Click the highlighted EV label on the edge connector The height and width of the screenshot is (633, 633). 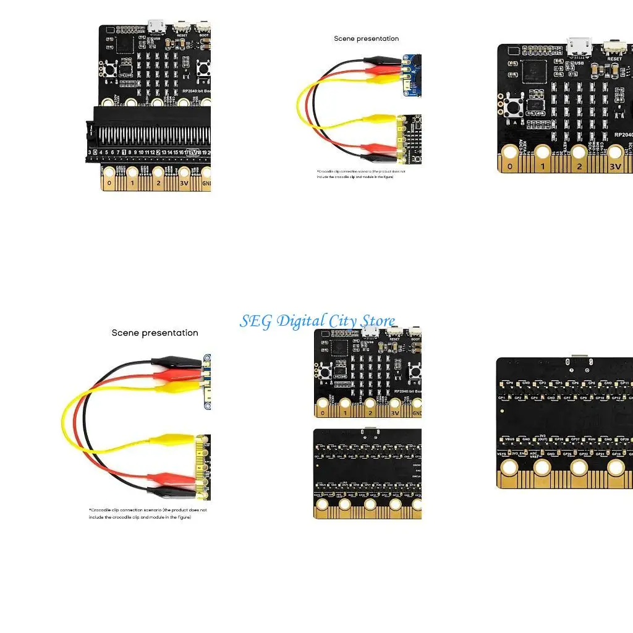(193, 152)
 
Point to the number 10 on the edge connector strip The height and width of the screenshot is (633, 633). (141, 152)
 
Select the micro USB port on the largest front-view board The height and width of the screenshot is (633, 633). (579, 47)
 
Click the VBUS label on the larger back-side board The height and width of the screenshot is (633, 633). (510, 440)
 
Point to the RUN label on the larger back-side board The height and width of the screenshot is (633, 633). (591, 440)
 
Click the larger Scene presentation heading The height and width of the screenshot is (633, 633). (155, 333)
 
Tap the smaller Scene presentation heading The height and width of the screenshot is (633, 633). (366, 38)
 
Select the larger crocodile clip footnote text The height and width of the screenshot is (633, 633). (148, 513)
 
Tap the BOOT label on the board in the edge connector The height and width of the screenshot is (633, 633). (203, 35)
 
